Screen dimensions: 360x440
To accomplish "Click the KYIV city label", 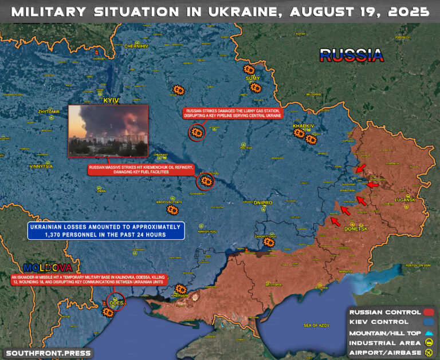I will (111, 100).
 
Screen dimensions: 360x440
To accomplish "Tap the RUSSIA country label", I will (351, 55).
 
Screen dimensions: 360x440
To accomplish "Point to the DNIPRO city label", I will (262, 203).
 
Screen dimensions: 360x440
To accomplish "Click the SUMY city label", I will (253, 78).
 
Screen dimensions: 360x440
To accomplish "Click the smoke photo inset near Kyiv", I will (108, 130).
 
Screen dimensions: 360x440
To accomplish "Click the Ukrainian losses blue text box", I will (104, 231).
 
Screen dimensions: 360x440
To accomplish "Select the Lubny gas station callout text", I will (233, 113).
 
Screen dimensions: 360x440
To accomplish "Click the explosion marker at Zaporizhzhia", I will (269, 243).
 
